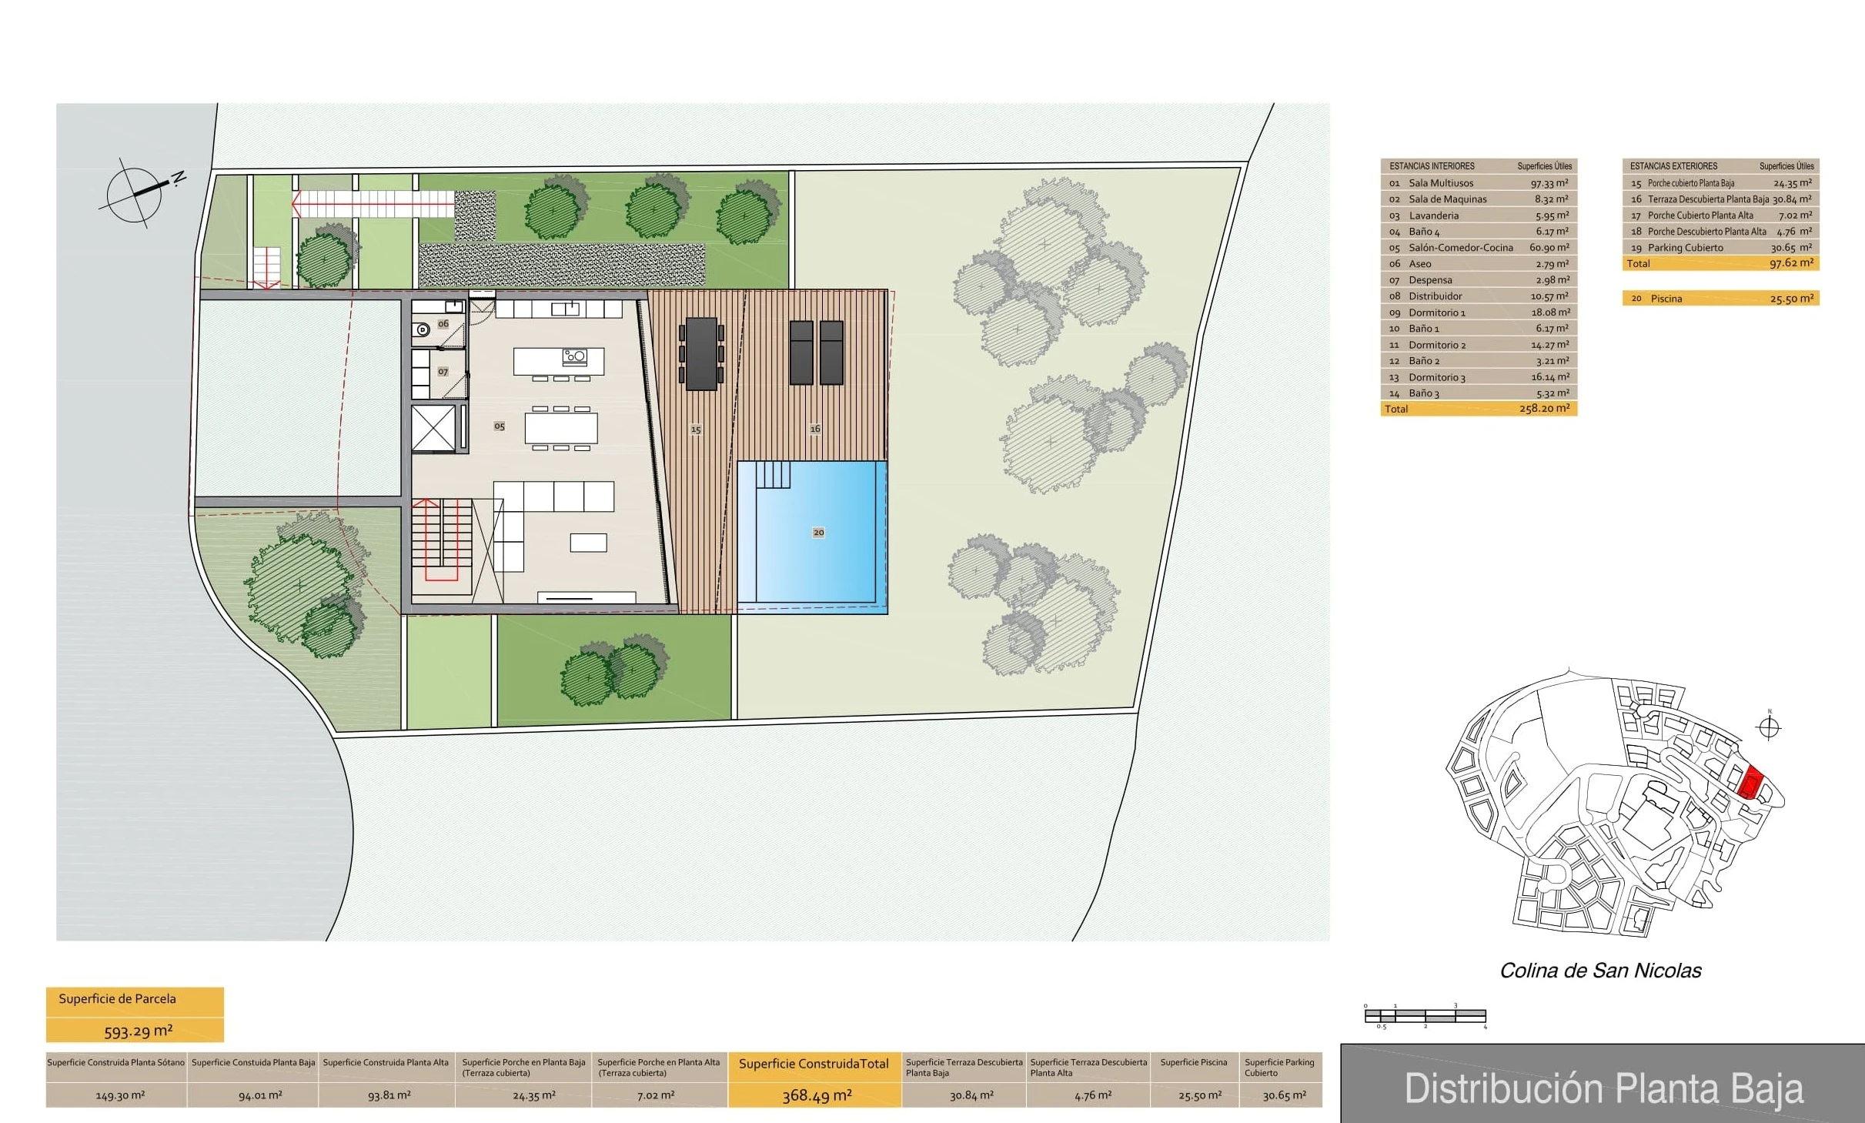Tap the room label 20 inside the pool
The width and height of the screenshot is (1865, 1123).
[x=818, y=533]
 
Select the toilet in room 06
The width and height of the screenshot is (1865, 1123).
[x=423, y=330]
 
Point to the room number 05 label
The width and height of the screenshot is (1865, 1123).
[x=500, y=426]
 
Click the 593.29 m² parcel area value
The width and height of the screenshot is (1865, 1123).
[x=139, y=1031]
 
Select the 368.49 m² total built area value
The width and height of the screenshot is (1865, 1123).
[x=817, y=1095]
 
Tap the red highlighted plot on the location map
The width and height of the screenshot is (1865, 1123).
[x=1750, y=784]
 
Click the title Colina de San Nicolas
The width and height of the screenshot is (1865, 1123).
[x=1600, y=971]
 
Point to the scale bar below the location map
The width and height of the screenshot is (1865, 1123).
[x=1425, y=1016]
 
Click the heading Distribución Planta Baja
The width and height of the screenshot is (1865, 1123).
[x=1604, y=1088]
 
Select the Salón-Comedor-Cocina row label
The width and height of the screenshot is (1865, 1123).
[x=1460, y=248]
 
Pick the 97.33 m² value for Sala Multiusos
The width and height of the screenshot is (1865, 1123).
[x=1549, y=183]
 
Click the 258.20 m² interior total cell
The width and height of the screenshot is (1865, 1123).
[x=1544, y=409]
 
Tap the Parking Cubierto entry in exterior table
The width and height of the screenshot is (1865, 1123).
[x=1685, y=248]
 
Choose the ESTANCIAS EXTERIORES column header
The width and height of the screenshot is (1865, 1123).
[x=1673, y=166]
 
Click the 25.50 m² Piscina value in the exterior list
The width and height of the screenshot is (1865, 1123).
[x=1791, y=299]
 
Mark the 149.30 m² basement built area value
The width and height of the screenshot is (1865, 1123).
[x=120, y=1095]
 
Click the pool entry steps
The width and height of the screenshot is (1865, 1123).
[x=773, y=474]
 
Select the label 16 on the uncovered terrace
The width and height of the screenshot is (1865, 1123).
[x=815, y=429]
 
